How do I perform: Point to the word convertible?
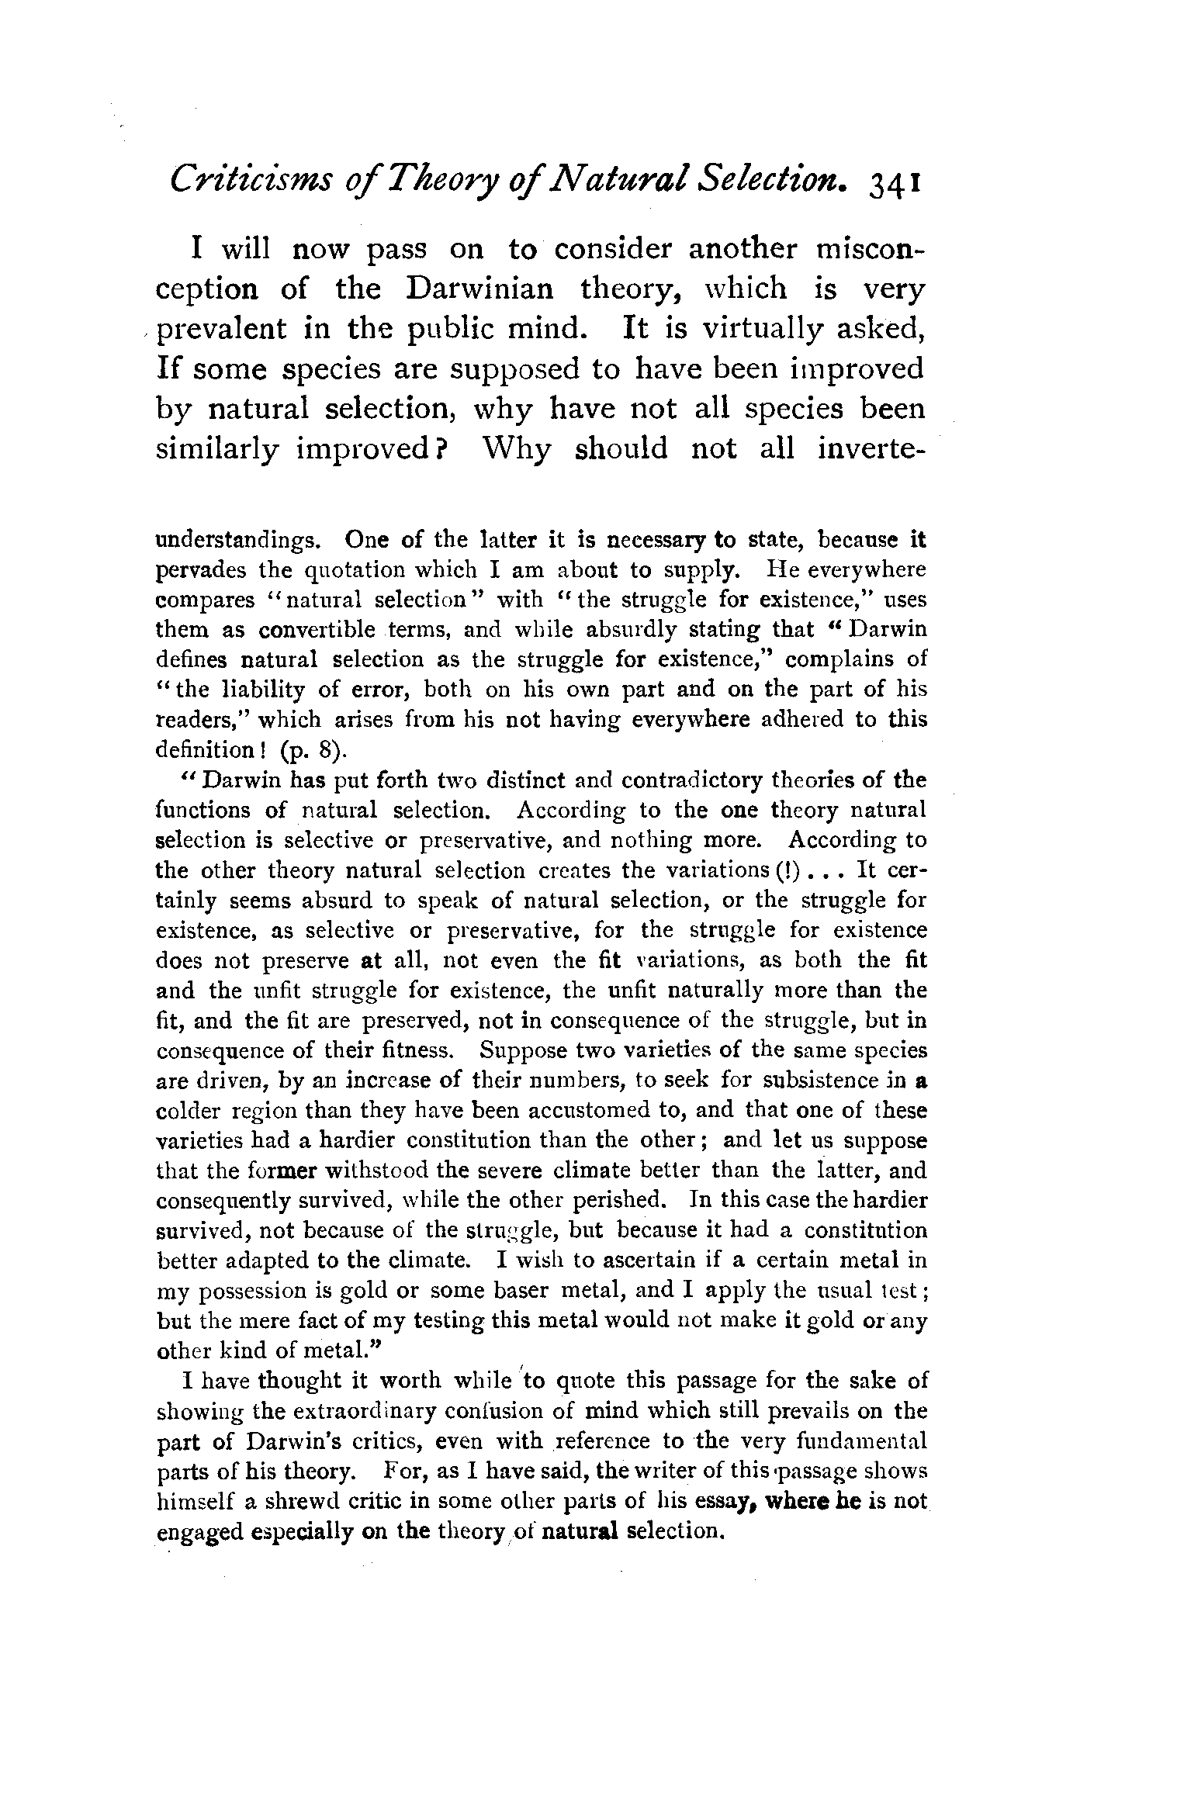pos(317,630)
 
